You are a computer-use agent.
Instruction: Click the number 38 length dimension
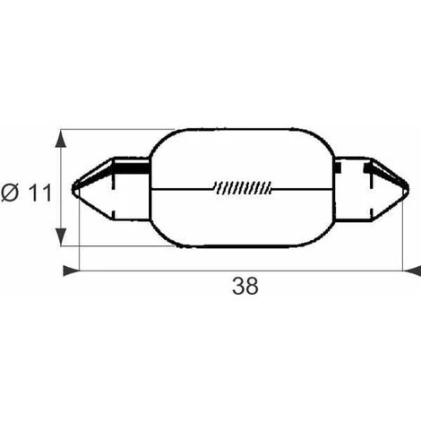tap(245, 286)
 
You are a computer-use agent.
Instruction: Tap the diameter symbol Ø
tap(10, 193)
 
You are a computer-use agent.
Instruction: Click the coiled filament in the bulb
tap(243, 187)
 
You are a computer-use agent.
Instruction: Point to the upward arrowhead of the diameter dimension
tap(61, 139)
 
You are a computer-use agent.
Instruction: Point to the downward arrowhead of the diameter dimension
tap(61, 236)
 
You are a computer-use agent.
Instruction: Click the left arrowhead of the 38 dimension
tap(72, 271)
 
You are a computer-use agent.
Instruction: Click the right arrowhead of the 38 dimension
tap(412, 271)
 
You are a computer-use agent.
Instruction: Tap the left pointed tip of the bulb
tap(73, 189)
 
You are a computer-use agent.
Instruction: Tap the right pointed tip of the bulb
tap(408, 189)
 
